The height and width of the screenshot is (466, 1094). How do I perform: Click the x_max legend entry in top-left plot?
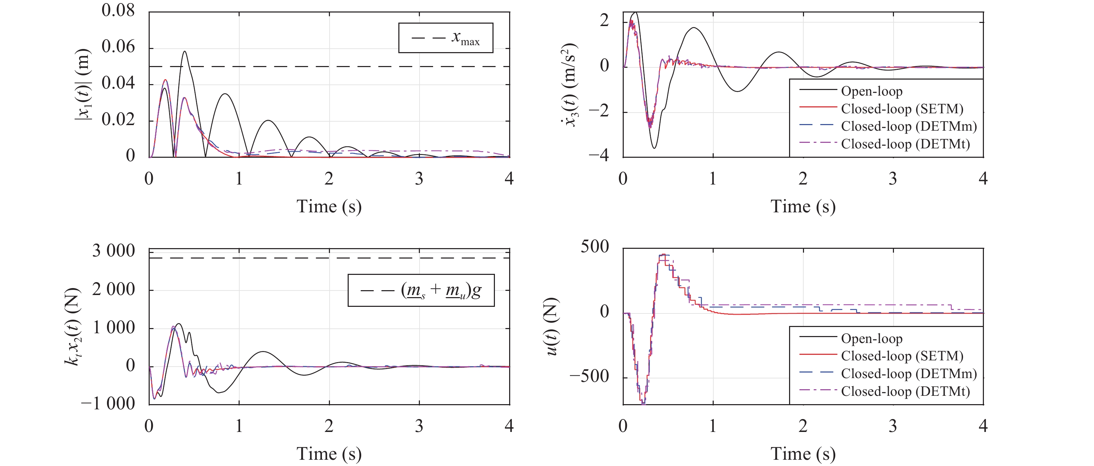point(446,38)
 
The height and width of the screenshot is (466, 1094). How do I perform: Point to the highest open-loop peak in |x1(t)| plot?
point(185,52)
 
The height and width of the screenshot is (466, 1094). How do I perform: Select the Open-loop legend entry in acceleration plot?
point(871,91)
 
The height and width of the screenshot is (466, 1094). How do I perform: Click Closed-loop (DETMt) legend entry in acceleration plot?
point(905,144)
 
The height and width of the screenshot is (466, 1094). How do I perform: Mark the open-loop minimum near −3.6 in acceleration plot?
point(654,148)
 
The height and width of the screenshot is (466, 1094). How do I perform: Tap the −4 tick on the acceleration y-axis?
point(598,155)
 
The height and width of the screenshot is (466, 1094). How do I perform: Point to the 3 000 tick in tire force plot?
point(113,251)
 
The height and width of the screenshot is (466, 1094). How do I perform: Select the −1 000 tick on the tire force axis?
point(108,403)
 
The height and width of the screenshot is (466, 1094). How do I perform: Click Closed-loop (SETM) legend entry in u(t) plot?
point(902,356)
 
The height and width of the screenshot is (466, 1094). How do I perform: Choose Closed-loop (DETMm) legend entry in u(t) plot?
point(909,374)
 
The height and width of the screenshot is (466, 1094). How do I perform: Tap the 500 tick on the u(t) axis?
point(595,247)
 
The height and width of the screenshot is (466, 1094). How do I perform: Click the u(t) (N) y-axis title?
point(552,326)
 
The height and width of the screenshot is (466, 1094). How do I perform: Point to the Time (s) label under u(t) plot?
point(803,454)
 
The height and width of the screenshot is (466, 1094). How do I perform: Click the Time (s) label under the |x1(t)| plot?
point(329,206)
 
